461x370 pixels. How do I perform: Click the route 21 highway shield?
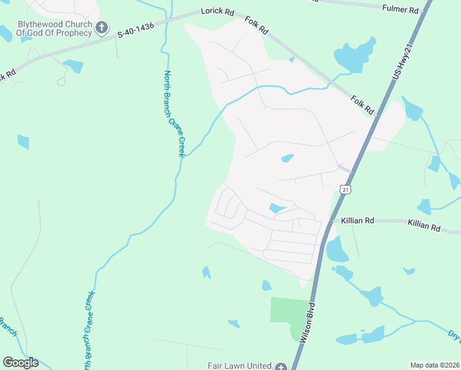(x=346, y=190)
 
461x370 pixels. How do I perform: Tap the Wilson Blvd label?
(x=308, y=323)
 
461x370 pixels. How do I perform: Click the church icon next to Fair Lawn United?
(x=281, y=366)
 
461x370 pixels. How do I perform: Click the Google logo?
(x=20, y=363)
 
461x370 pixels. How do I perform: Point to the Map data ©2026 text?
(x=433, y=365)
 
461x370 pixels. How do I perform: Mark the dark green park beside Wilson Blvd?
(x=290, y=318)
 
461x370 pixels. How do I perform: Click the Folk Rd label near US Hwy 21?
(x=363, y=104)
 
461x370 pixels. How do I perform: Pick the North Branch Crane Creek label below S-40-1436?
(x=174, y=113)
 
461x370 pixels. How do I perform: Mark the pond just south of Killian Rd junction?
(x=337, y=250)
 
